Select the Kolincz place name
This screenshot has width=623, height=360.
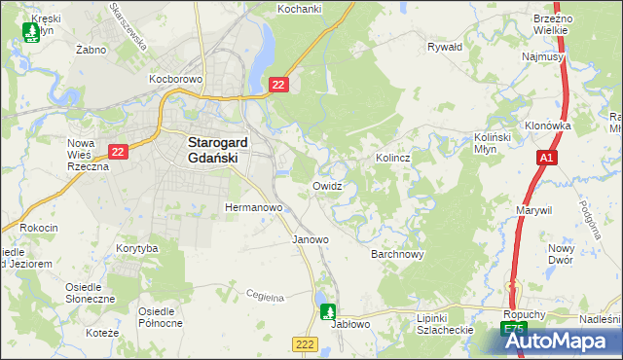coord(391,157)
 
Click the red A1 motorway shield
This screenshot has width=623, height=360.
coord(546,157)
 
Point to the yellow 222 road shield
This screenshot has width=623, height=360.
coord(305,344)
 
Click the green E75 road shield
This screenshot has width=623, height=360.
coord(515,332)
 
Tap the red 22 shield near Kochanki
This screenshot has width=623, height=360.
coord(278,87)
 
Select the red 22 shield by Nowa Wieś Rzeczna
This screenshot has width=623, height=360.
coord(119,152)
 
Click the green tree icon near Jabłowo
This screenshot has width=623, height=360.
coord(328,311)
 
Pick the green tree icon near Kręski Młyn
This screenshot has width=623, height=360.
coord(30,32)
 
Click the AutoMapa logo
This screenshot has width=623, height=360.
coord(562,341)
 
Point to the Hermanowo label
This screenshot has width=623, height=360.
coord(253,208)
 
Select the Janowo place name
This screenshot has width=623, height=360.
coord(311,238)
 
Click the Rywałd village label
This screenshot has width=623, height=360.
coord(445,46)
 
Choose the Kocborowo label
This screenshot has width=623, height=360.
coord(174,77)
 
